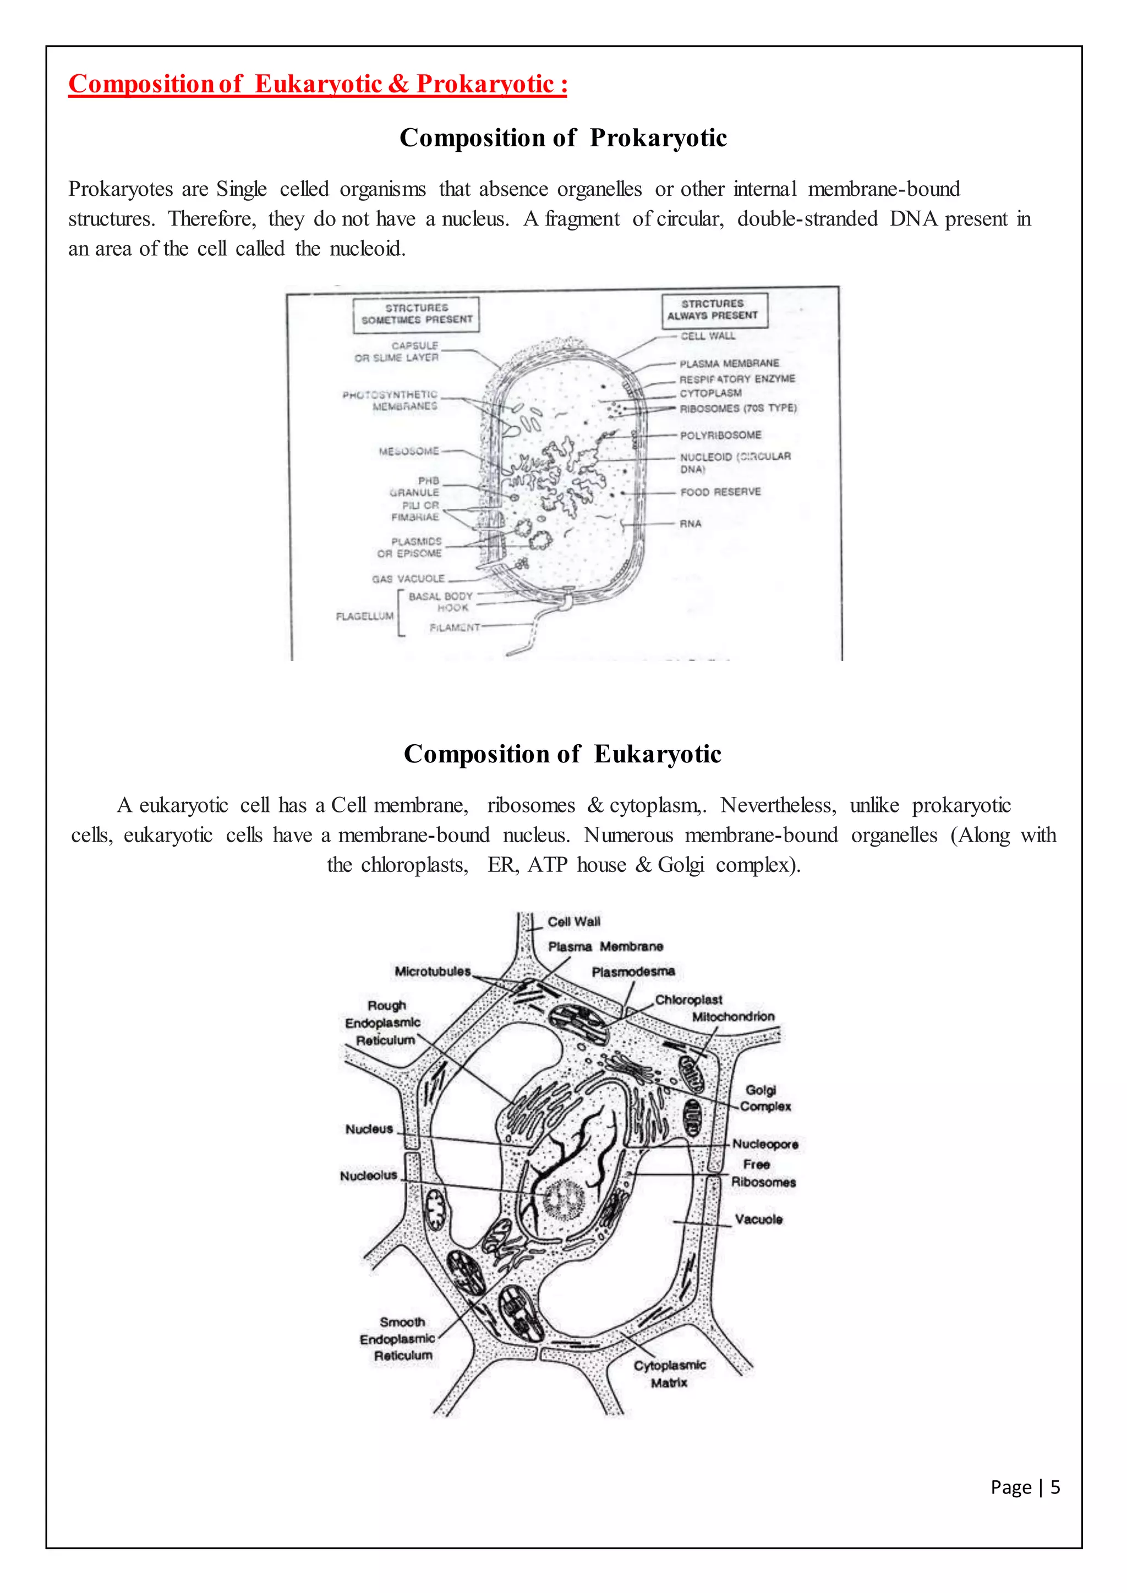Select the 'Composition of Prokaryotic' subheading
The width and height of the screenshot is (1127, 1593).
(x=563, y=138)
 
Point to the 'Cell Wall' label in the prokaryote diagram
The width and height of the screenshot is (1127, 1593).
(x=707, y=336)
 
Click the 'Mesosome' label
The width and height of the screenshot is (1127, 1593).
(x=409, y=451)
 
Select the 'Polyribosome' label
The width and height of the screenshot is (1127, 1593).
(x=720, y=435)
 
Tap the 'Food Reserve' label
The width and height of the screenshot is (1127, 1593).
(x=720, y=492)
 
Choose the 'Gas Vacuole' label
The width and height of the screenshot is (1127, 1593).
(x=408, y=579)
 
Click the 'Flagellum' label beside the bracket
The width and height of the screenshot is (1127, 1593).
(x=364, y=616)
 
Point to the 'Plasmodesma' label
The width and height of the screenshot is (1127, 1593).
(x=633, y=972)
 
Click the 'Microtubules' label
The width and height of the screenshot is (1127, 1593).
(x=433, y=971)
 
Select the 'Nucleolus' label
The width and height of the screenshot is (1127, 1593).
(x=369, y=1175)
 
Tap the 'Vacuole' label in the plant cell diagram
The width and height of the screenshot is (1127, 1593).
(x=758, y=1219)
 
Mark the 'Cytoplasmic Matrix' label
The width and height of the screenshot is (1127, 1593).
(x=669, y=1374)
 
